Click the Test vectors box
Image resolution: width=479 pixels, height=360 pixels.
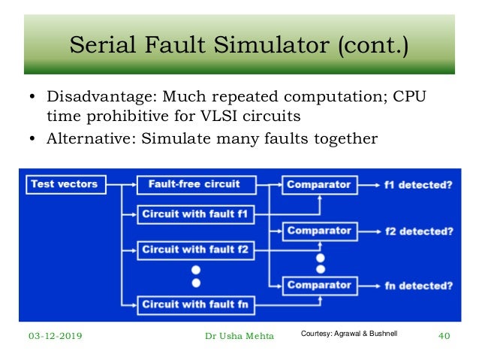[x=65, y=183]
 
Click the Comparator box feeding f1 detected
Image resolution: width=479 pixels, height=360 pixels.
[x=319, y=183]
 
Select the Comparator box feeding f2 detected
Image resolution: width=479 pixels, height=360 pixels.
[x=319, y=231]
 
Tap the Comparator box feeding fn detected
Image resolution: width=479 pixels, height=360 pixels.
[x=319, y=286]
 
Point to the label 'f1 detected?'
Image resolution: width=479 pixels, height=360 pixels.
[x=417, y=184]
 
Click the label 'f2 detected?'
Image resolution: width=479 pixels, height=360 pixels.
[x=417, y=231]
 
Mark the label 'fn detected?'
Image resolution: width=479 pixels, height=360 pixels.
[x=417, y=286]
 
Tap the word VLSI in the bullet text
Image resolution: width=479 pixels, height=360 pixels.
[x=222, y=116]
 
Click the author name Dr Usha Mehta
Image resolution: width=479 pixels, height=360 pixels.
[x=239, y=336]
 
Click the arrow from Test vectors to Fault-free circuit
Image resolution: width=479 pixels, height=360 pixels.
[x=122, y=183]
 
